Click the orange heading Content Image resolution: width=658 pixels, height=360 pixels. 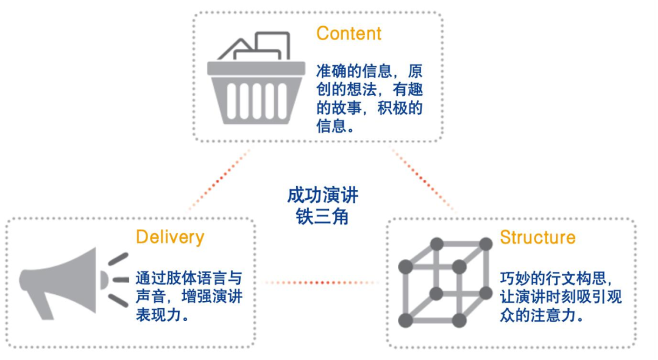(x=348, y=33)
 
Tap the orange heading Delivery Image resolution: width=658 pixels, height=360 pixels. (x=170, y=237)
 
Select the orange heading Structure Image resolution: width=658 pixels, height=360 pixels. (x=537, y=237)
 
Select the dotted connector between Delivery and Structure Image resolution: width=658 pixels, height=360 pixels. (x=321, y=282)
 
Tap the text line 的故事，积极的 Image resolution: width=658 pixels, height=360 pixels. (x=369, y=109)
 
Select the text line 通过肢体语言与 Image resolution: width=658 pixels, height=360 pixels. (x=189, y=280)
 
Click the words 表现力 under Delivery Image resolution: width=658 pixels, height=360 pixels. (x=161, y=317)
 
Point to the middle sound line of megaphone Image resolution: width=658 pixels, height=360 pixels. (x=120, y=280)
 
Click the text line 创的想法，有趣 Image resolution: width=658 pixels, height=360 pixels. (x=369, y=90)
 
